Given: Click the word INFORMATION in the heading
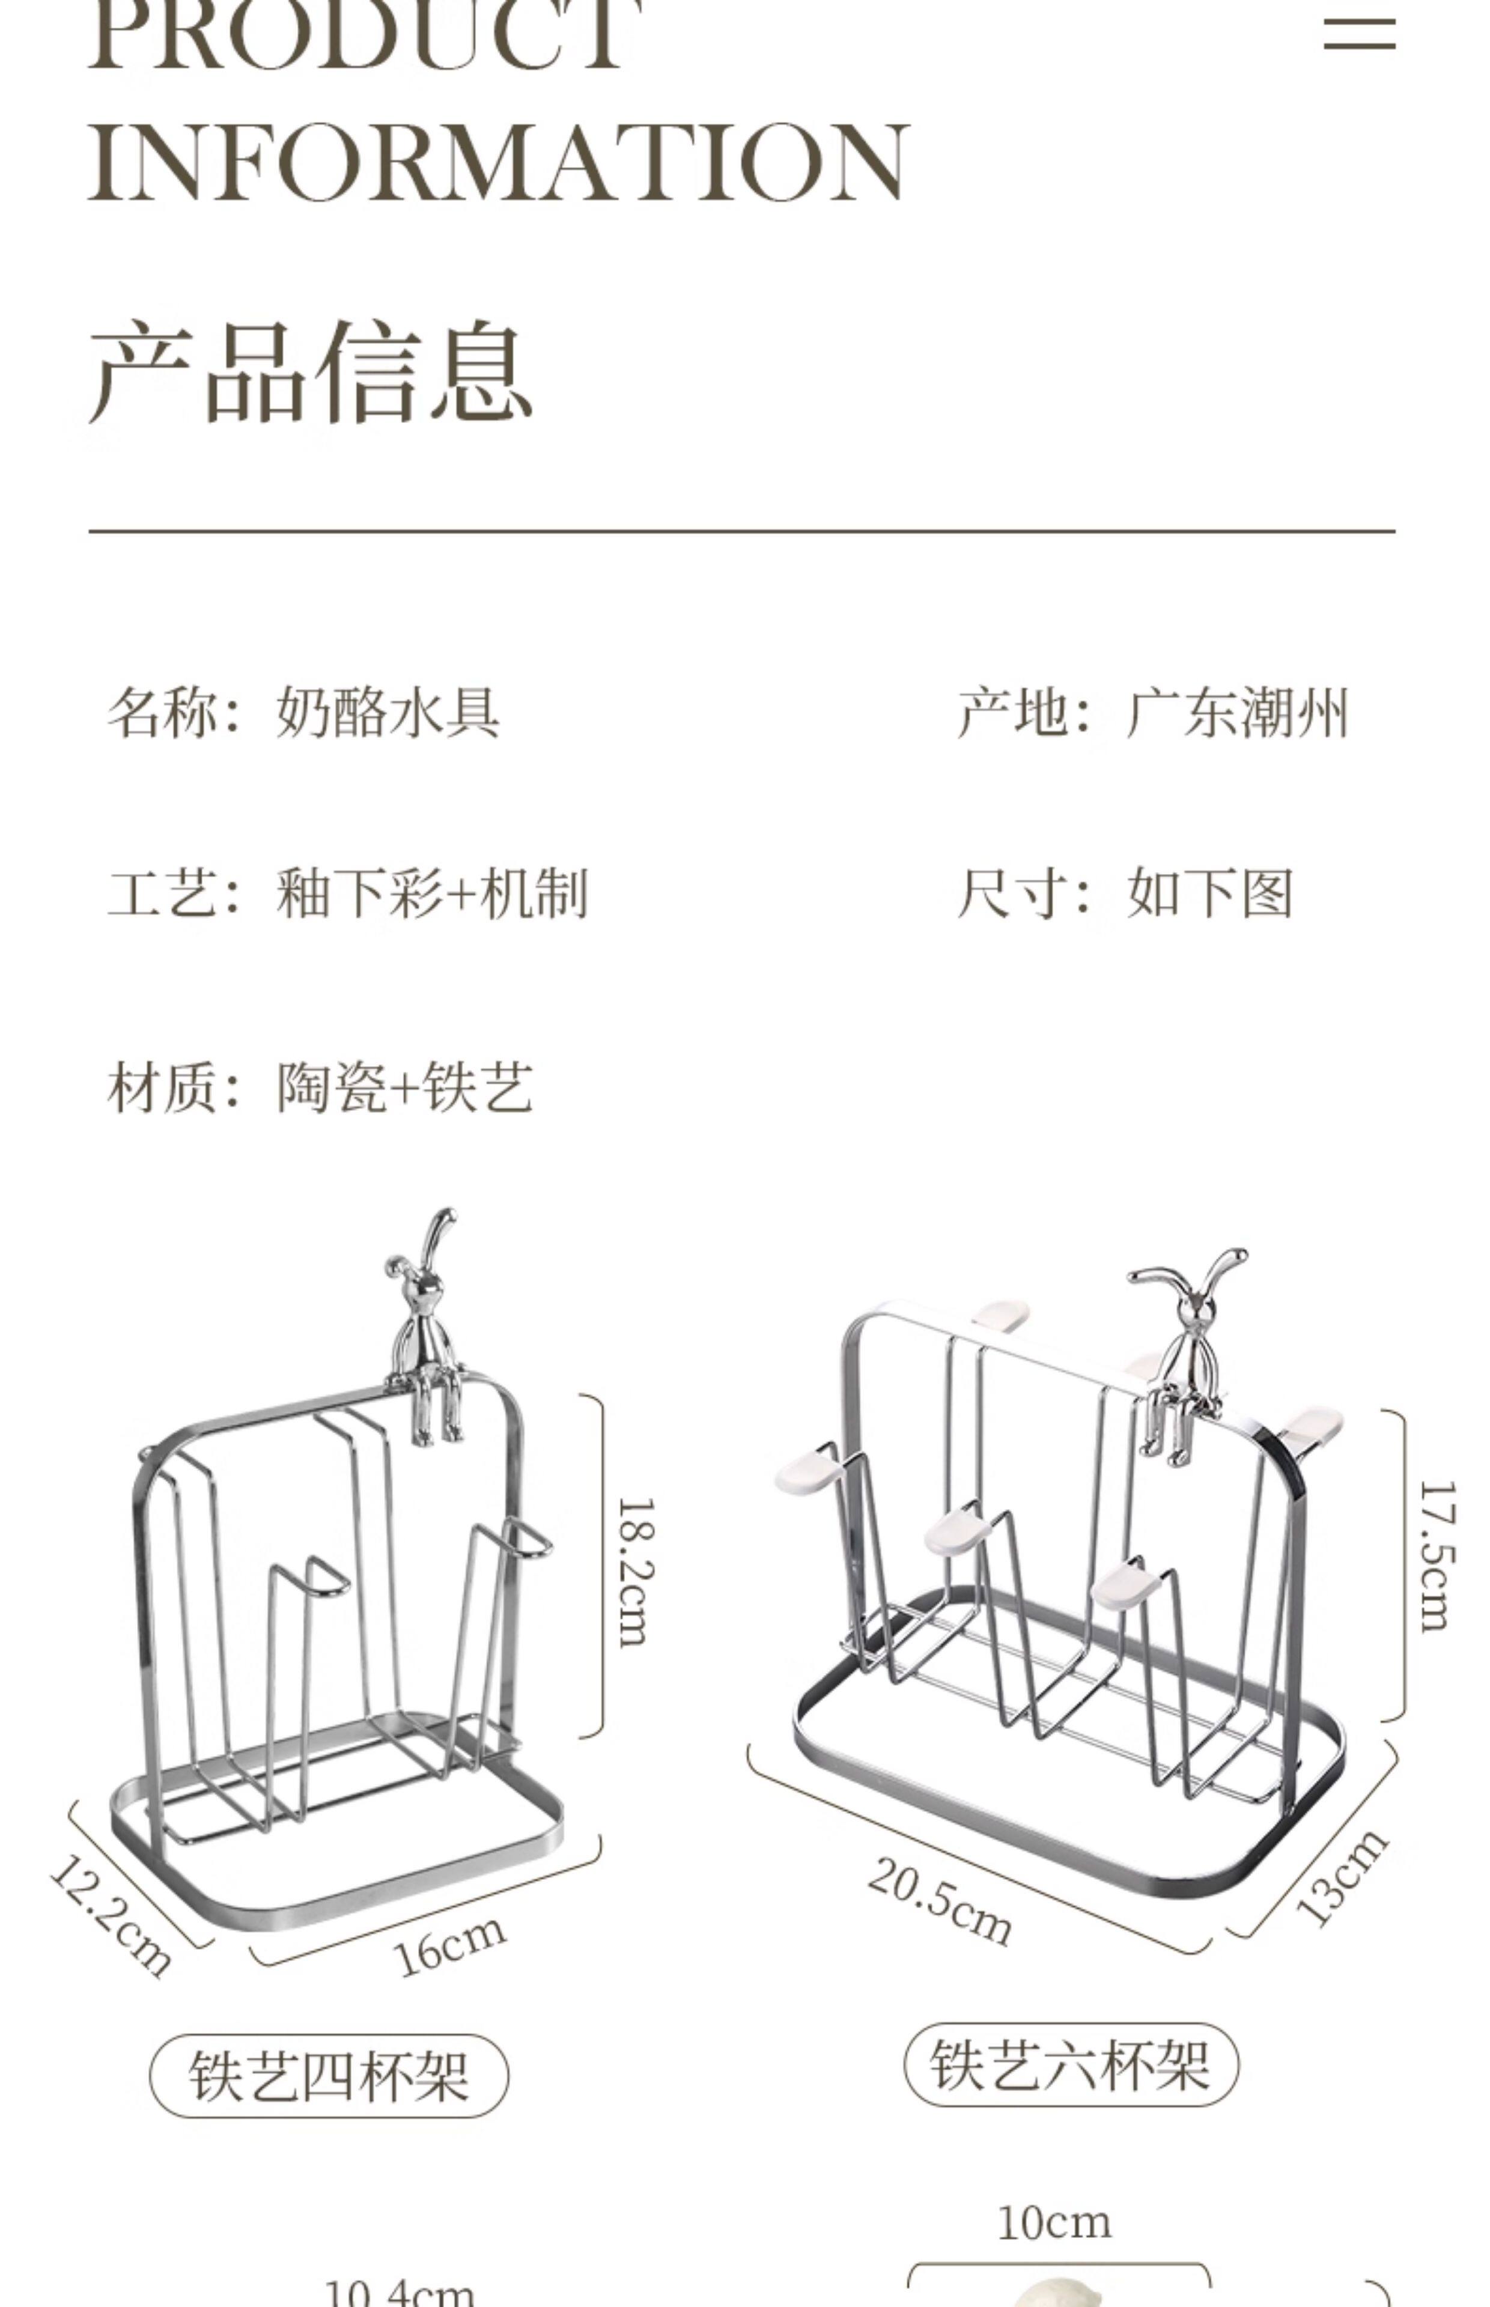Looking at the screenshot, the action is click(x=498, y=162).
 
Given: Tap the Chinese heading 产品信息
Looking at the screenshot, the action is click(x=312, y=373).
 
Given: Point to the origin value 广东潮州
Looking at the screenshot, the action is click(x=1236, y=714).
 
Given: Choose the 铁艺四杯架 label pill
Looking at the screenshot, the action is click(x=329, y=2075).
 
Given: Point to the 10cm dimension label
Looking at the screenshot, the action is click(x=1054, y=2222).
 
